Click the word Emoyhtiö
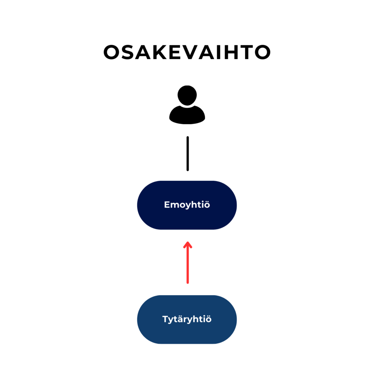click(187, 205)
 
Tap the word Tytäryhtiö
click(187, 319)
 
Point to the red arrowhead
click(188, 244)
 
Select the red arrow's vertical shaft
click(188, 265)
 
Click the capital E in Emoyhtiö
click(167, 205)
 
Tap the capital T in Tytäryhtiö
click(165, 319)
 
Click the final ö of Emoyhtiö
click(207, 205)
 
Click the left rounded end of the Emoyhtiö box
click(145, 205)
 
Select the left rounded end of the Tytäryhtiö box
click(145, 319)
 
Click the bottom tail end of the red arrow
click(188, 282)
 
